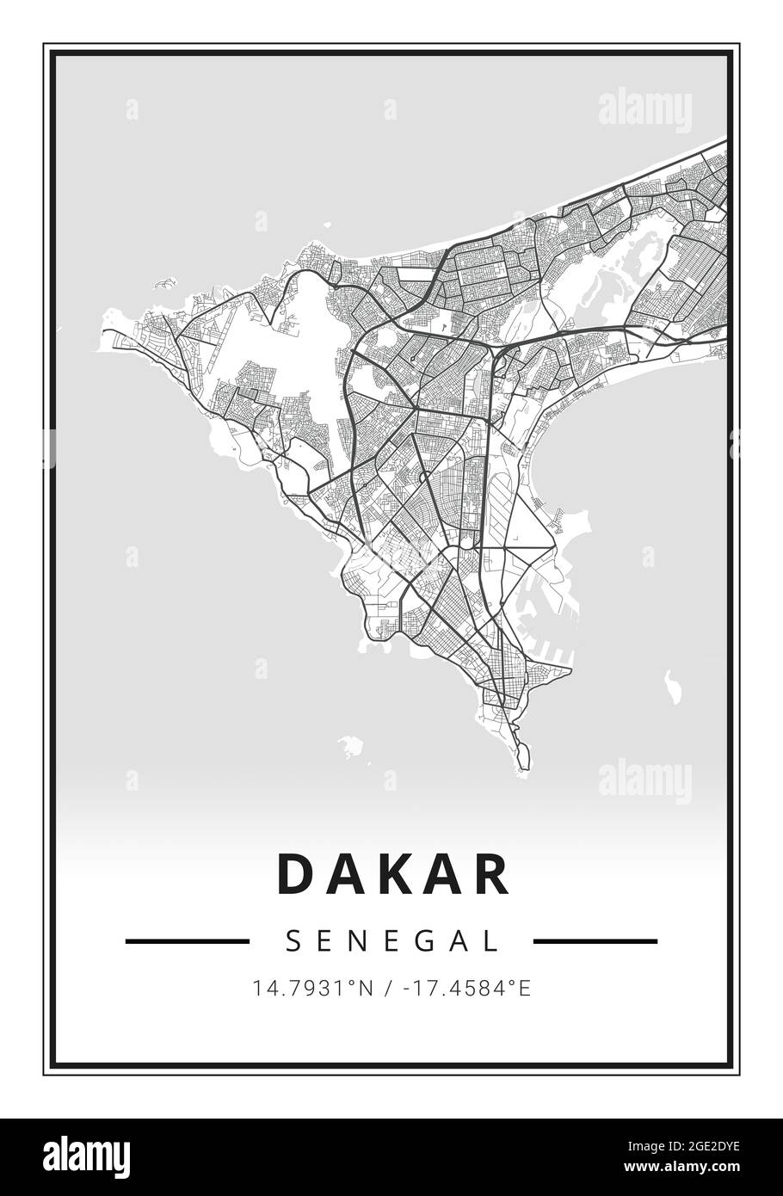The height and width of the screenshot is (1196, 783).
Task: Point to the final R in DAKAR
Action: pyautogui.click(x=491, y=874)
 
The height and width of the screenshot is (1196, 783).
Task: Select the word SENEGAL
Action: pyautogui.click(x=391, y=940)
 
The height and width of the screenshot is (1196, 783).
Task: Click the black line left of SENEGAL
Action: pyautogui.click(x=187, y=941)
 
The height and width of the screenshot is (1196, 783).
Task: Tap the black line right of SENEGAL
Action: pyautogui.click(x=595, y=941)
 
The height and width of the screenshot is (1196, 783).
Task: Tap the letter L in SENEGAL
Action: pyautogui.click(x=492, y=940)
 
